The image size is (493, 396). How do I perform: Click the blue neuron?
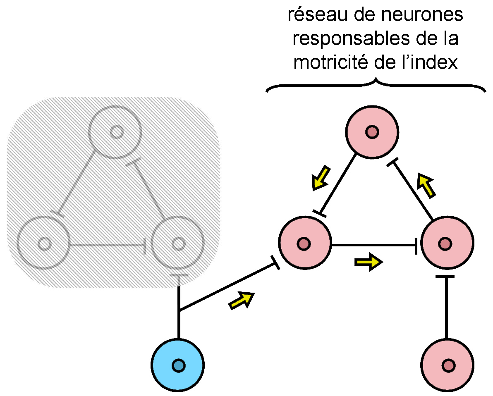[178, 365]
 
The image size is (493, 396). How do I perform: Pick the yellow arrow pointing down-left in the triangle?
[321, 178]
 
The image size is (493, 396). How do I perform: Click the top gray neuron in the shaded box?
[116, 132]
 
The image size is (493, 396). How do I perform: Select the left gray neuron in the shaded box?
[44, 243]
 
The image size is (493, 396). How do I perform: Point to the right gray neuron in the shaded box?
[178, 243]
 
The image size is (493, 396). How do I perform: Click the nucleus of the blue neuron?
[178, 365]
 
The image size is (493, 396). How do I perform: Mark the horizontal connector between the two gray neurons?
[108, 246]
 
